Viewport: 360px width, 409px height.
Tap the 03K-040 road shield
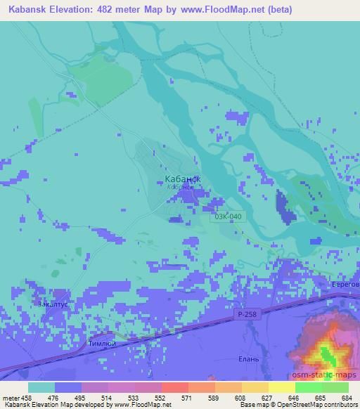coord(229,216)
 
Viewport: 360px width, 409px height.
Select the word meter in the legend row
coord(10,397)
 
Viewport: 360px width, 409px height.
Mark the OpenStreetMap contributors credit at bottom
coord(316,405)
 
